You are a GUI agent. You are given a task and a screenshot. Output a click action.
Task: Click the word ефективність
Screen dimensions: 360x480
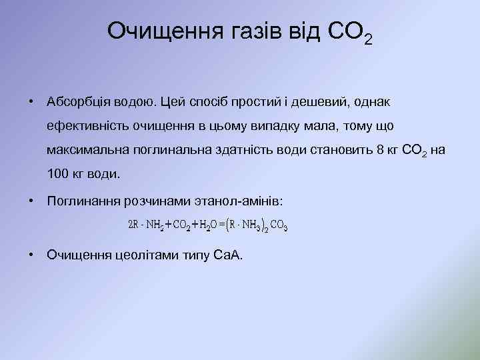pyautogui.click(x=86, y=126)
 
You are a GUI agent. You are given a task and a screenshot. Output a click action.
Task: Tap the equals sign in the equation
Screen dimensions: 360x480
pyautogui.click(x=221, y=225)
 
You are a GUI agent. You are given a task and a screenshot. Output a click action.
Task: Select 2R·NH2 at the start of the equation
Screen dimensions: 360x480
pyautogui.click(x=146, y=225)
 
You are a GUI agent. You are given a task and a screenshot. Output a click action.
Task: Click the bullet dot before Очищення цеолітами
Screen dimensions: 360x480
pyautogui.click(x=31, y=254)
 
